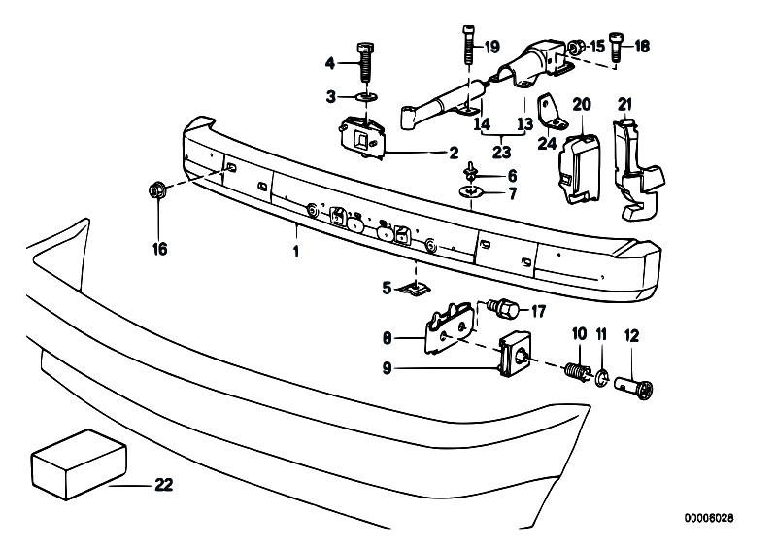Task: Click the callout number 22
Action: click(164, 484)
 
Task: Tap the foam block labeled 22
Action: click(79, 464)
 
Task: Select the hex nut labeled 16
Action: click(156, 190)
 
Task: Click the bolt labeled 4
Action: click(365, 63)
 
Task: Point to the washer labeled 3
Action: click(365, 95)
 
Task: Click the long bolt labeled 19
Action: click(469, 45)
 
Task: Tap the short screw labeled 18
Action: click(615, 46)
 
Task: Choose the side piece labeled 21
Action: click(637, 167)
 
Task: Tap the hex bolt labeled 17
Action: click(503, 308)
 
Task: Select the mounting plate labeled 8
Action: click(448, 327)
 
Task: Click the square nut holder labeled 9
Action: click(515, 354)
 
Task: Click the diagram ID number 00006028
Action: click(709, 518)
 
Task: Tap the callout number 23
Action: click(501, 152)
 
